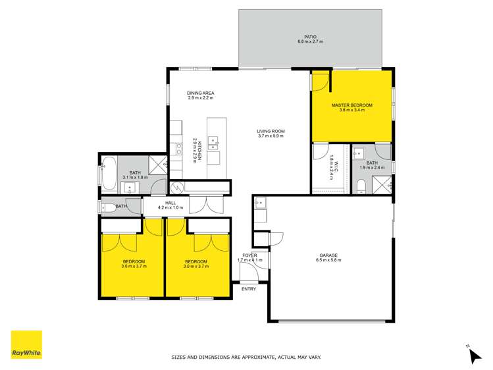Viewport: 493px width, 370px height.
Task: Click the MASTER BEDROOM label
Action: [x=351, y=105]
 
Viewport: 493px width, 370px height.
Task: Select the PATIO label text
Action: [x=310, y=37]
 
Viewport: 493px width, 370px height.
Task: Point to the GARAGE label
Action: [x=328, y=255]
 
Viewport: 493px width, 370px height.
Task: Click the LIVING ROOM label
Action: [x=270, y=131]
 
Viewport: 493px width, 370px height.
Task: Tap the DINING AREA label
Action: [x=201, y=93]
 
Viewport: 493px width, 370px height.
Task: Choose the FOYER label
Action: [x=249, y=255]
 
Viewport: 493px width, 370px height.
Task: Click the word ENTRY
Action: [x=249, y=289]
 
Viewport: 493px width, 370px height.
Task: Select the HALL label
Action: [x=170, y=203]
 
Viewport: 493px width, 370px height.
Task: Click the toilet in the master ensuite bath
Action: [x=361, y=188]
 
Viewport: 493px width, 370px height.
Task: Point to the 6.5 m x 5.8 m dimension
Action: [x=328, y=261]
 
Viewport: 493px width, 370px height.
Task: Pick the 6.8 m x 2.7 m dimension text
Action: [x=310, y=42]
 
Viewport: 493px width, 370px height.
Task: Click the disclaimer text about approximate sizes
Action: [x=246, y=357]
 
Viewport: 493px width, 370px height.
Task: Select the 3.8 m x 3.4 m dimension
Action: [x=351, y=111]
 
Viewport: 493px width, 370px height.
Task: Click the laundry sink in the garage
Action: [x=259, y=202]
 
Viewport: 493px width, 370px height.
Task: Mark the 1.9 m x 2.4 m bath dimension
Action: [x=372, y=168]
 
